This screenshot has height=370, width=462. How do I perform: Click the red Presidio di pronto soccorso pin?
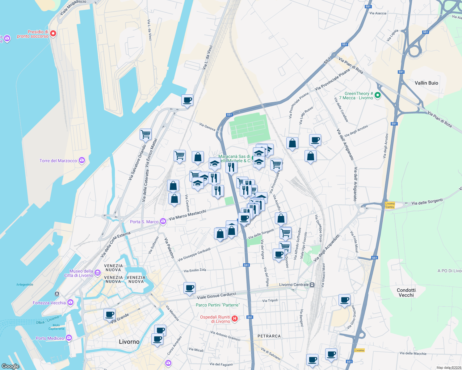click(x=53, y=34)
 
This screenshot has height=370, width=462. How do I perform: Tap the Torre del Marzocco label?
click(x=58, y=161)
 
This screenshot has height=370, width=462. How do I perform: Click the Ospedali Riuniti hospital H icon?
click(x=235, y=319)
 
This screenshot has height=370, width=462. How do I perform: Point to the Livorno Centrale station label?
click(x=294, y=285)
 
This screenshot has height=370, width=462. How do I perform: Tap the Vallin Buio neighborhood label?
click(x=426, y=83)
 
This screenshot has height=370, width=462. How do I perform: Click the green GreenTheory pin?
click(x=377, y=96)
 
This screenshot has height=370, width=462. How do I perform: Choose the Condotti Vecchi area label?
click(x=406, y=293)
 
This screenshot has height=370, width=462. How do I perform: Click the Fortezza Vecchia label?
click(x=49, y=303)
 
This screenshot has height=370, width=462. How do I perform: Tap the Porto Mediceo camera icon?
click(x=69, y=338)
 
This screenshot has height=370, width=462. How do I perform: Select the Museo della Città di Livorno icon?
click(x=98, y=273)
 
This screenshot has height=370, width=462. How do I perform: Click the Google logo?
click(x=10, y=366)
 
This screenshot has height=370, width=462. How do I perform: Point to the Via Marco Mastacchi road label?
click(x=187, y=215)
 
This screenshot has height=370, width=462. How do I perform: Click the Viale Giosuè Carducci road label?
click(x=216, y=295)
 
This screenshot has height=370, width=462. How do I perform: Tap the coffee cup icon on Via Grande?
click(x=109, y=314)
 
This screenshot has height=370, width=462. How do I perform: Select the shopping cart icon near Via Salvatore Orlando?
click(x=145, y=134)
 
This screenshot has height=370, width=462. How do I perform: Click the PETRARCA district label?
click(x=269, y=336)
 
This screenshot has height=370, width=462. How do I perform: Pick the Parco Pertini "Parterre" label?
click(x=218, y=305)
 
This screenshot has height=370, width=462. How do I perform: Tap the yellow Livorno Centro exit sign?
click(x=390, y=205)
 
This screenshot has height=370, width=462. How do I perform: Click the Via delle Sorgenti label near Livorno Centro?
click(x=427, y=202)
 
